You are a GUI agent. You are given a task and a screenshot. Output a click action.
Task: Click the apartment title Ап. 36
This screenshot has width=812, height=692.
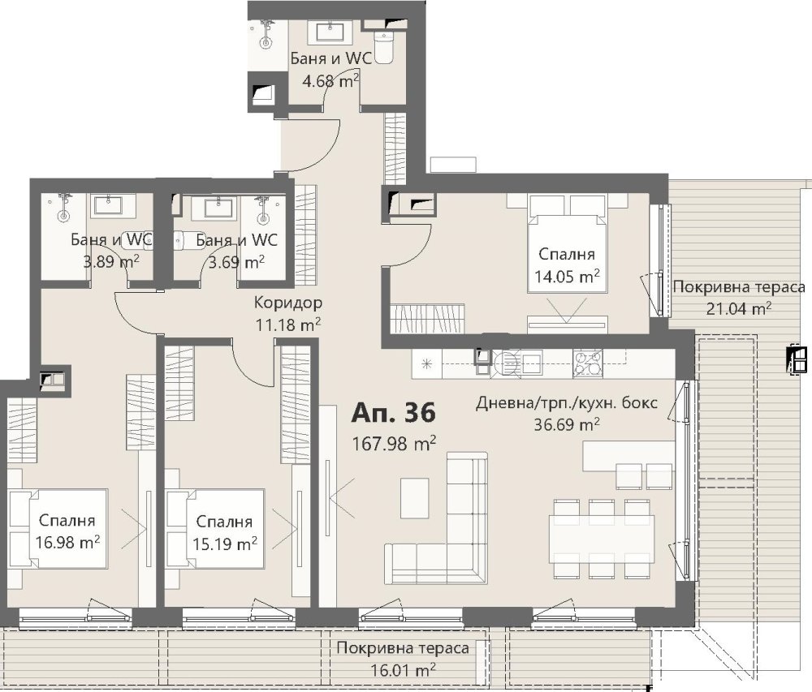click(394, 413)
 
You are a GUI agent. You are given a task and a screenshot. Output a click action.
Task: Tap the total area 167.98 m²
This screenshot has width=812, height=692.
click(394, 443)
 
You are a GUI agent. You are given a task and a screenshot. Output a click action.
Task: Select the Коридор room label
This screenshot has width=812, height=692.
click(288, 303)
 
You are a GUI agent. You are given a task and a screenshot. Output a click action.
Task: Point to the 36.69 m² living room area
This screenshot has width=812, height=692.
click(567, 424)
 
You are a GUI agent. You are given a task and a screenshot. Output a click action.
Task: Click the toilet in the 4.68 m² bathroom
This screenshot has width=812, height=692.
click(384, 47)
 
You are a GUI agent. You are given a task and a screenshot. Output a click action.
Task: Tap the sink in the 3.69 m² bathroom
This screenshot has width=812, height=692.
click(214, 207)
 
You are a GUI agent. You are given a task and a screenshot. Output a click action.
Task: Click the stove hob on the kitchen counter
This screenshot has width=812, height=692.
click(588, 363)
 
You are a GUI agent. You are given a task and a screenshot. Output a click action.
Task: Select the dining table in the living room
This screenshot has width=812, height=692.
click(601, 539)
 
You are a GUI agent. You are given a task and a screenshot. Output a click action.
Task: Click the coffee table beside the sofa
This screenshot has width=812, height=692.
click(415, 497)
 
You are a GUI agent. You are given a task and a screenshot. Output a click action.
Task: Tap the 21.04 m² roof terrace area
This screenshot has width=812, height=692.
click(739, 309)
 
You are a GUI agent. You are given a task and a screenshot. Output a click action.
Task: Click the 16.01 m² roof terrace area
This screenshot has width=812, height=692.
click(403, 670)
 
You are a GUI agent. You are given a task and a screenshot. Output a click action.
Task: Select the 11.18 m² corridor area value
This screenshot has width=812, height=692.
click(288, 325)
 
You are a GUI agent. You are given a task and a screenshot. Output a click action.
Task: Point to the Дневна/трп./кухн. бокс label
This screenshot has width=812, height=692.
click(567, 402)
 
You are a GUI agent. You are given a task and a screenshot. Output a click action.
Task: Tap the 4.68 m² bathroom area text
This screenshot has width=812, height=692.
click(331, 80)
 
